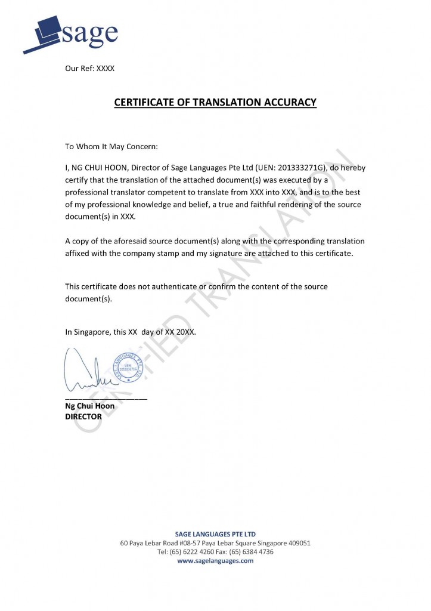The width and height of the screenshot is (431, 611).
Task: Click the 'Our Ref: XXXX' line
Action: [89, 68]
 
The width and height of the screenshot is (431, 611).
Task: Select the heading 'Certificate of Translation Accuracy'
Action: [215, 103]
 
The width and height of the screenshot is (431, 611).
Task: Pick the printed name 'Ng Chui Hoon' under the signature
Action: [89, 406]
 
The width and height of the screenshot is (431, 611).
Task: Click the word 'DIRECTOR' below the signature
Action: [83, 416]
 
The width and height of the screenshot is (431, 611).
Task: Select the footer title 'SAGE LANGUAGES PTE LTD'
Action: [215, 533]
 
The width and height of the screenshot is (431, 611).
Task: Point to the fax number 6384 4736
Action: [257, 552]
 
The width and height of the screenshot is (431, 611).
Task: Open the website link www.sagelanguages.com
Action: [215, 561]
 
